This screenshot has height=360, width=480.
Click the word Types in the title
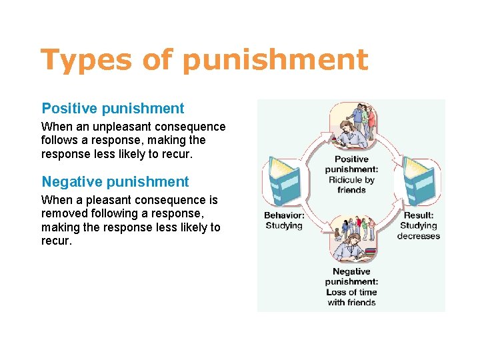pyautogui.click(x=85, y=60)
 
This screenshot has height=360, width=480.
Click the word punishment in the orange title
pyautogui.click(x=274, y=60)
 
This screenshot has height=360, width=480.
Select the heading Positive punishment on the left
pyautogui.click(x=113, y=108)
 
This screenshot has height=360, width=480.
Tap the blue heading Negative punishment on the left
pyautogui.click(x=115, y=181)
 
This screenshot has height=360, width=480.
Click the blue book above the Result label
pyautogui.click(x=419, y=181)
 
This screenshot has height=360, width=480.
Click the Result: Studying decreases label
pyautogui.click(x=419, y=225)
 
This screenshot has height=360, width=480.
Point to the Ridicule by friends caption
pyautogui.click(x=351, y=185)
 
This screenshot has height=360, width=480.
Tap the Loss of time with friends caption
pyautogui.click(x=351, y=297)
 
